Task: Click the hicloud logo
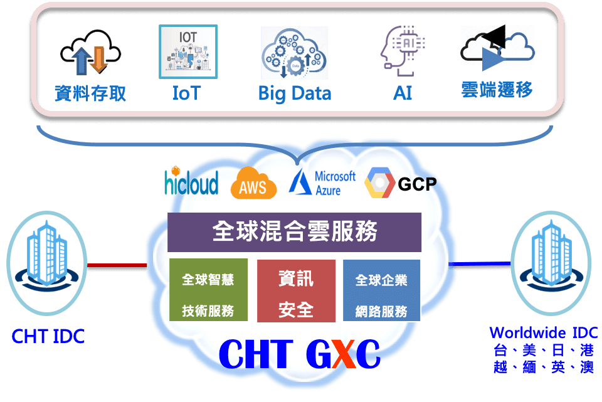tap(191, 181)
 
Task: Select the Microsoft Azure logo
tap(322, 182)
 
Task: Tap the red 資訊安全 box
tap(295, 292)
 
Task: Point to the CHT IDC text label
tap(48, 336)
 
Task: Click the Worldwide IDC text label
tap(543, 332)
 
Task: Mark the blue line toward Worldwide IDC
tap(480, 263)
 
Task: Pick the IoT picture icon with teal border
tap(188, 51)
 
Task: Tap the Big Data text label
tap(295, 94)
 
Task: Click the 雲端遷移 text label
tap(497, 90)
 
